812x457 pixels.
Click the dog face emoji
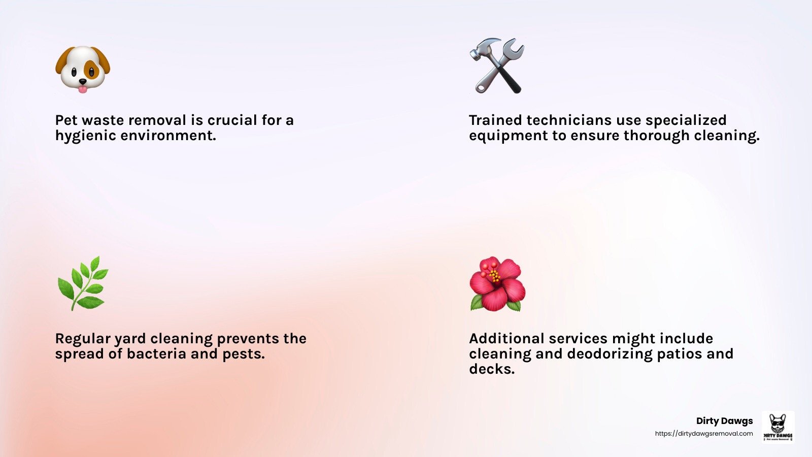tap(83, 69)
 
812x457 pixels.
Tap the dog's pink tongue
tap(83, 89)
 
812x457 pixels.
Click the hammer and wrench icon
tap(497, 66)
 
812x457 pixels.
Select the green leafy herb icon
tap(83, 283)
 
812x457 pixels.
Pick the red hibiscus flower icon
tap(497, 284)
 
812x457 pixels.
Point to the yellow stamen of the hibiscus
tap(493, 275)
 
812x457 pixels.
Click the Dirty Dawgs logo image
tap(778, 427)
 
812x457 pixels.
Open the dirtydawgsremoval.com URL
tap(704, 434)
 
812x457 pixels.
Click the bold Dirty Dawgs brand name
tap(724, 421)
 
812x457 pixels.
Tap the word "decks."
tap(492, 369)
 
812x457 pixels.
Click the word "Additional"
tap(506, 338)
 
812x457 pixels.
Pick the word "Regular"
tap(83, 339)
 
